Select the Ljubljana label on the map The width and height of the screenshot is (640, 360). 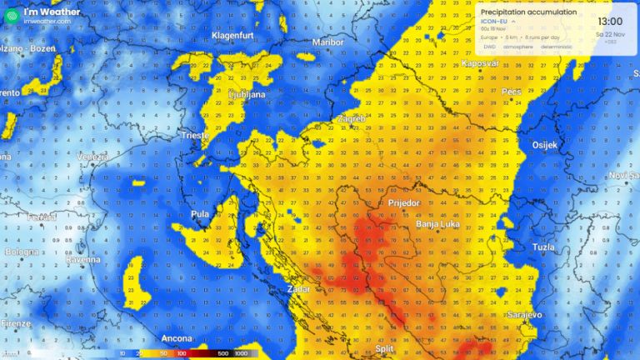(246, 95)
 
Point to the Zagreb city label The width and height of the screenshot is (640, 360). (352, 119)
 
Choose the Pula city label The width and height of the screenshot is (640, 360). (202, 214)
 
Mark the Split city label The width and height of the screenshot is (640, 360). (384, 349)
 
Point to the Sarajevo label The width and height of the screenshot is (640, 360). (524, 314)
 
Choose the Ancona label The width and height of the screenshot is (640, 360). (176, 339)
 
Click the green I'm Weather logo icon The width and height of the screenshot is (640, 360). (11, 15)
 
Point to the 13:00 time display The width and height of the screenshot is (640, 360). (609, 21)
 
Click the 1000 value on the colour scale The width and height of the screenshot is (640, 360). (241, 353)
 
